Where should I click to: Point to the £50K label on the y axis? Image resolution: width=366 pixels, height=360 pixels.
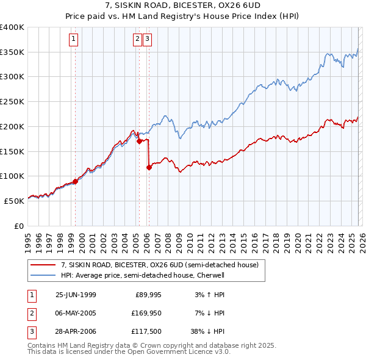tap(14, 201)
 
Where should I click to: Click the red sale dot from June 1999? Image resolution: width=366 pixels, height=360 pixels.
tap(76, 181)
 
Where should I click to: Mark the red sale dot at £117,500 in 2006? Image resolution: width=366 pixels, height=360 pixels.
tap(149, 167)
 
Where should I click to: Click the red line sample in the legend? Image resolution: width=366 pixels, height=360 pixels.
tap(43, 265)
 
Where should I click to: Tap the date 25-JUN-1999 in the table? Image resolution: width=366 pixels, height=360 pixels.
tap(76, 295)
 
